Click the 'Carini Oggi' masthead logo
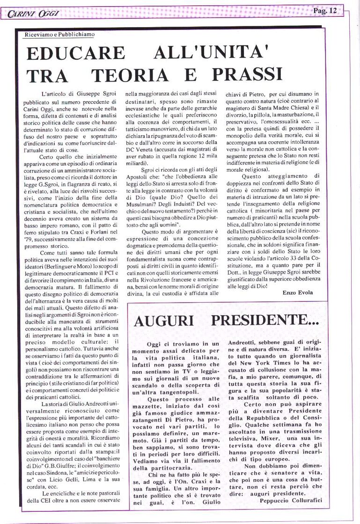click(x=33, y=14)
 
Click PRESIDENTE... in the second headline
click(x=265, y=320)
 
